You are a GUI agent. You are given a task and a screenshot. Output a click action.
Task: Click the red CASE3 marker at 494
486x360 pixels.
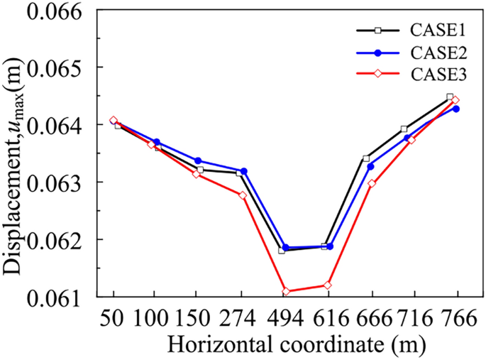(286, 292)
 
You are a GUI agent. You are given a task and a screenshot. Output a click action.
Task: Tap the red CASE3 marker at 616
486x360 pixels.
(328, 285)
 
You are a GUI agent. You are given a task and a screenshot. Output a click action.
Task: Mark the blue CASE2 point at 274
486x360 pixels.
(244, 171)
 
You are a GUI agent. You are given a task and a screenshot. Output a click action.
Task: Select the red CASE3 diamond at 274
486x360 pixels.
(243, 195)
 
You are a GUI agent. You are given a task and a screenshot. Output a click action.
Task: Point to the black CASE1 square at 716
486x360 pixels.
(404, 129)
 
